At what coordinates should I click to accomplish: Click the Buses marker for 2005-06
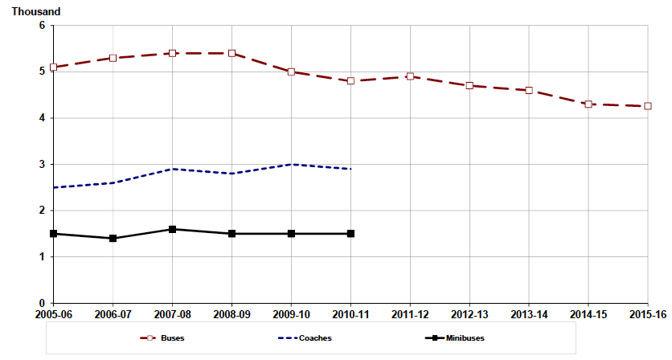point(53,67)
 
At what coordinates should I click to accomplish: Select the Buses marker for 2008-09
point(232,53)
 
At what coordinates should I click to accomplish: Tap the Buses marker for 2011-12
point(410,76)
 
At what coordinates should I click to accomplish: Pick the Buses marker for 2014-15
point(588,104)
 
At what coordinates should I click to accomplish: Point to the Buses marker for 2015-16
point(647,106)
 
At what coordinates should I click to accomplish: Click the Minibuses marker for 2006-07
point(113,239)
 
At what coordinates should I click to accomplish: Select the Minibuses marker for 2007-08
point(172,229)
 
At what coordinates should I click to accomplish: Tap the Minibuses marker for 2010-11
point(350,234)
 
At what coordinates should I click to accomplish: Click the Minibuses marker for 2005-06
point(53,234)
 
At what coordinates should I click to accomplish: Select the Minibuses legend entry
point(454,338)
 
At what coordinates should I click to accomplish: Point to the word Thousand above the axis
point(36,12)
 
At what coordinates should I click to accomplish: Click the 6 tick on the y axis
point(41,26)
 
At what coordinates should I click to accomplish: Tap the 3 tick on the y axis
point(41,165)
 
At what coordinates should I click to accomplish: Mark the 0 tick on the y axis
point(41,304)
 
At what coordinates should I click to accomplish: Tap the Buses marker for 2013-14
point(529,91)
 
